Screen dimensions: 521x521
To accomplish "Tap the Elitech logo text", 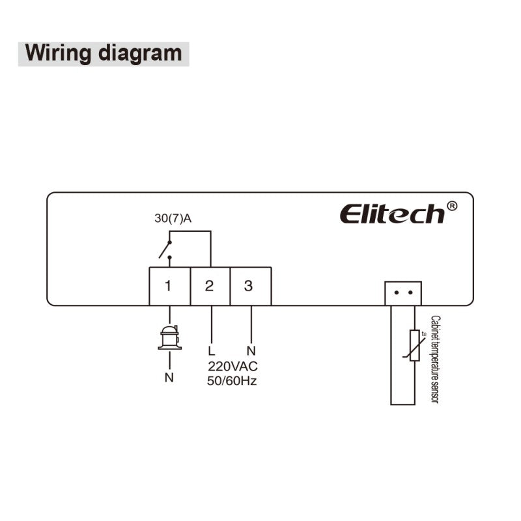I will coord(392,214).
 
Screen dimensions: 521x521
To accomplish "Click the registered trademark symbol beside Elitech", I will coord(452,206).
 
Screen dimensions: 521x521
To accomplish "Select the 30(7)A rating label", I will coord(173,219).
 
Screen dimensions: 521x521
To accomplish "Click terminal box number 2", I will coord(209,286).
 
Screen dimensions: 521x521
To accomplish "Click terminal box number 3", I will coord(249,286).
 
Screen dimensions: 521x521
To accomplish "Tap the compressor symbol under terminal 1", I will coord(169,337).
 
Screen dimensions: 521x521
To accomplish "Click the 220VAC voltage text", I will coord(232,366).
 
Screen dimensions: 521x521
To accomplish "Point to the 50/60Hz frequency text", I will coord(232,381).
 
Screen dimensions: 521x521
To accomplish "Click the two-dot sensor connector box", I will coord(403,293).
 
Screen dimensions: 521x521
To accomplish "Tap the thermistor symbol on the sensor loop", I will coord(414,345).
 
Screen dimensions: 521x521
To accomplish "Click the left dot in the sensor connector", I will coord(396,293).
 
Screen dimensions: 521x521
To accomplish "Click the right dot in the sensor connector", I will coord(410,293).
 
